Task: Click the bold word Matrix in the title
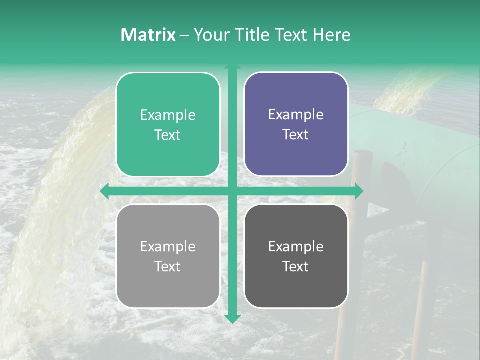click(148, 35)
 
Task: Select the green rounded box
click(168, 124)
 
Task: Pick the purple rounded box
click(296, 124)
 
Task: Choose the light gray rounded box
click(168, 256)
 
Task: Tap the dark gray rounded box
click(296, 256)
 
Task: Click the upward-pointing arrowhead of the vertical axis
click(232, 66)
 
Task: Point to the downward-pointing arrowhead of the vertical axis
click(232, 318)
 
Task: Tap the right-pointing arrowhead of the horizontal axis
click(359, 191)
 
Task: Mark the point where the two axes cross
click(232, 191)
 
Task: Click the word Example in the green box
click(168, 115)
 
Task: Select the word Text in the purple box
click(296, 134)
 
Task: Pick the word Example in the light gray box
click(168, 246)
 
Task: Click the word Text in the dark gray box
click(296, 266)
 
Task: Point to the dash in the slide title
click(185, 35)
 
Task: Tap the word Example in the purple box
click(296, 114)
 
